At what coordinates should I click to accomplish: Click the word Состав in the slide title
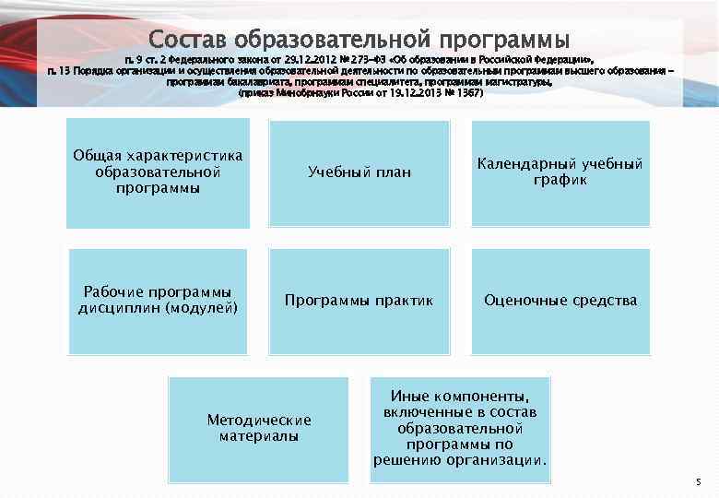(188, 41)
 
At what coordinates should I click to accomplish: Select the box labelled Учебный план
(359, 172)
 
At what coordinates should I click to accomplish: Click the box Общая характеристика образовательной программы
(158, 172)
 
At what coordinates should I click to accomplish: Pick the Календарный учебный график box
(560, 172)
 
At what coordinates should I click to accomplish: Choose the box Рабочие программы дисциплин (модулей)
(158, 301)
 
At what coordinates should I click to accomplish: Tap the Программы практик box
(359, 301)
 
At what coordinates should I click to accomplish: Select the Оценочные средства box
(560, 301)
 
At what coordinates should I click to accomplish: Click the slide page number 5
(698, 482)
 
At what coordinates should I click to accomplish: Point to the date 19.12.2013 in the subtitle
(412, 93)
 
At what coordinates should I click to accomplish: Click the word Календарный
(525, 164)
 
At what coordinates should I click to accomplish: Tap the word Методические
(259, 421)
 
